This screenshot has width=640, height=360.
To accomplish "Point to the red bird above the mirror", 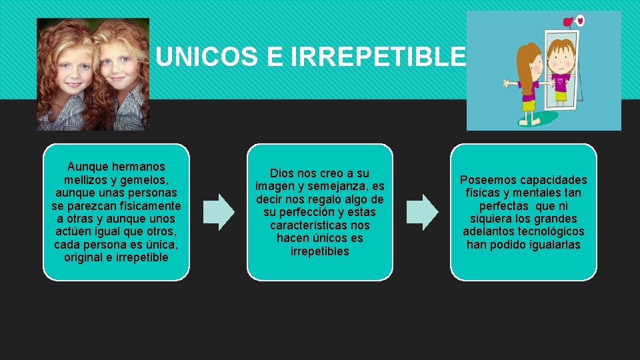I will pyautogui.click(x=569, y=21).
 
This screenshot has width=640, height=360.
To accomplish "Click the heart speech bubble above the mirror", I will pyautogui.click(x=580, y=20).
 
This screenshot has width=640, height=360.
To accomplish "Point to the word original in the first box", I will pyautogui.click(x=87, y=257).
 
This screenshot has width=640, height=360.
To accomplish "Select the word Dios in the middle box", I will pyautogui.click(x=282, y=173).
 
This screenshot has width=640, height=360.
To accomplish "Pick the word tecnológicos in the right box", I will pyautogui.click(x=551, y=231).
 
